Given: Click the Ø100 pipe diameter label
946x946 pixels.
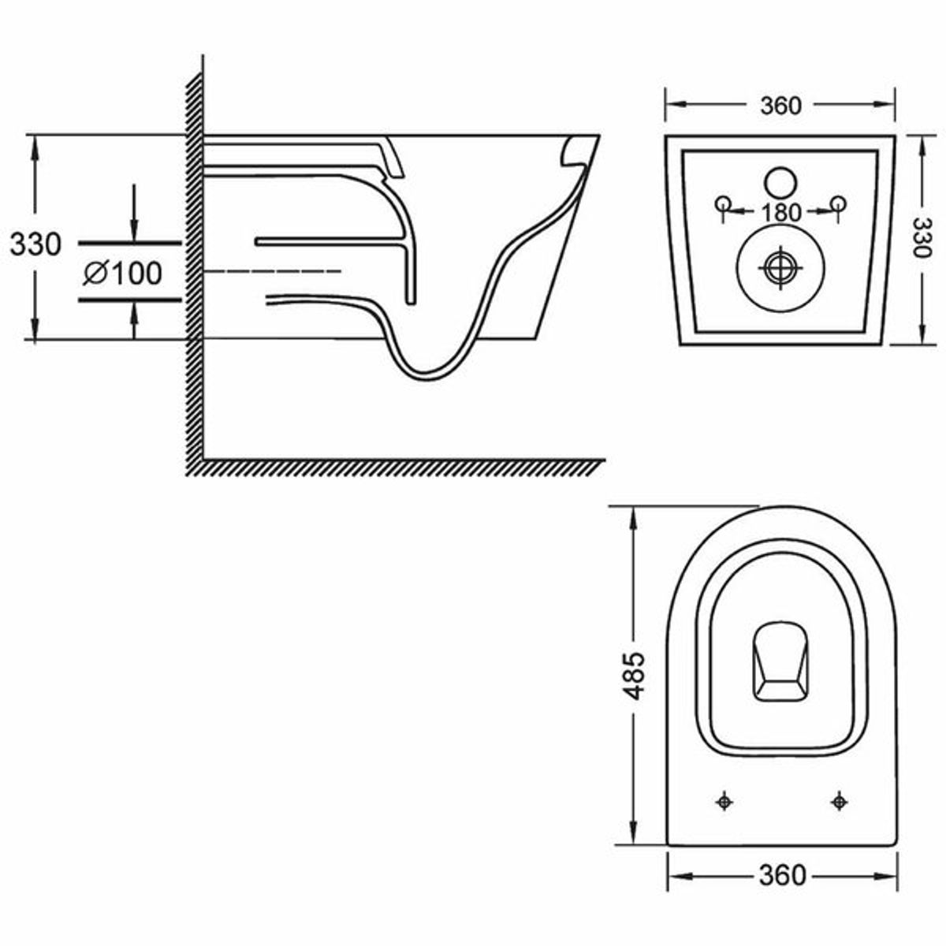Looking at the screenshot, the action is tap(123, 273).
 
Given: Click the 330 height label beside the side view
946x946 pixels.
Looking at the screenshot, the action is tap(35, 244).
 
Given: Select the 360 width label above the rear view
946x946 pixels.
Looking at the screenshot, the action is tap(780, 106).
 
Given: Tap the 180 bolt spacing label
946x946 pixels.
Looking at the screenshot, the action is tap(780, 212).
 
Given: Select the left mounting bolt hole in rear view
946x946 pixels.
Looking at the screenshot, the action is tap(723, 203).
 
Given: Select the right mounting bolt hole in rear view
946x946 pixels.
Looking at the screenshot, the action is tap(839, 203).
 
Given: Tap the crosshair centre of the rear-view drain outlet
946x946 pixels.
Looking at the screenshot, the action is tap(780, 269).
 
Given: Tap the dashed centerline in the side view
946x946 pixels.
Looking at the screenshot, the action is tap(273, 271).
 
